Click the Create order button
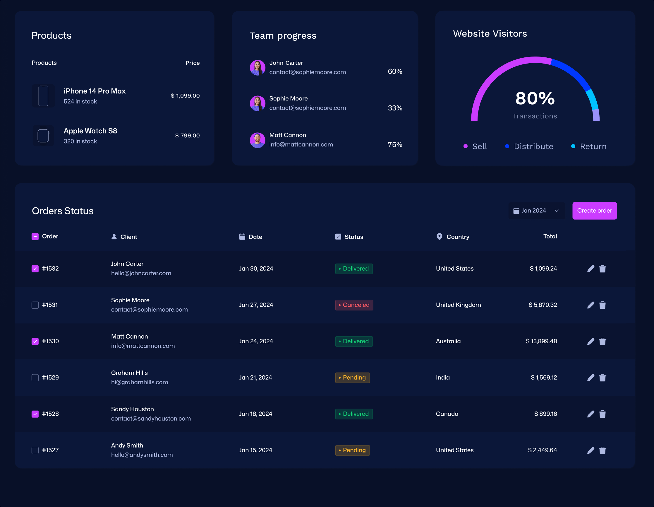pyautogui.click(x=594, y=211)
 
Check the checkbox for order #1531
pyautogui.click(x=35, y=305)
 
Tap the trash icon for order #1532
pyautogui.click(x=602, y=269)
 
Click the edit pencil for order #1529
pyautogui.click(x=591, y=378)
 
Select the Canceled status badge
pyautogui.click(x=354, y=305)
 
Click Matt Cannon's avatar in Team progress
pyautogui.click(x=258, y=140)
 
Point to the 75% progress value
pyautogui.click(x=395, y=145)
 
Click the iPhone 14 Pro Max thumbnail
pyautogui.click(x=43, y=96)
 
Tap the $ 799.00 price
pyautogui.click(x=187, y=135)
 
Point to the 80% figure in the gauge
pyautogui.click(x=535, y=98)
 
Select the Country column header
pyautogui.click(x=457, y=237)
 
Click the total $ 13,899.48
pyautogui.click(x=541, y=341)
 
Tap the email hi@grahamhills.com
pyautogui.click(x=140, y=382)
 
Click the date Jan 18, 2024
pyautogui.click(x=255, y=414)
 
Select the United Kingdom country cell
pyautogui.click(x=458, y=305)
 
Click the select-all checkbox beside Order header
pyautogui.click(x=35, y=237)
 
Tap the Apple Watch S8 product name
pyautogui.click(x=90, y=131)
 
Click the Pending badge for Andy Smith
pyautogui.click(x=352, y=450)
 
